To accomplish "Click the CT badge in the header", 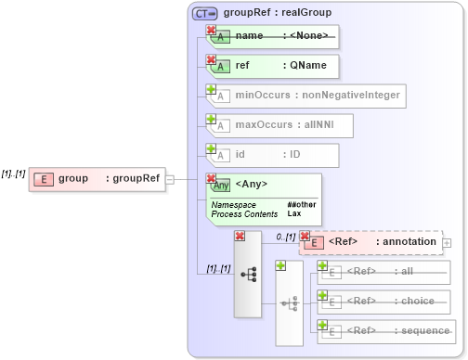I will point(204,13).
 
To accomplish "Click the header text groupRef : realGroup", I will point(277,13).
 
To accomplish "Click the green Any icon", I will point(221,185).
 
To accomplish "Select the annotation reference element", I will point(370,242).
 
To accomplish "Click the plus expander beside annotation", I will point(447,242).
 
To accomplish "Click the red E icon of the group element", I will point(42,179).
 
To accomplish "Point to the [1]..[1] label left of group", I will point(13,174).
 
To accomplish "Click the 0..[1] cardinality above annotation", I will point(285,237).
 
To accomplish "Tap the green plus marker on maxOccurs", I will point(212,119).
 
